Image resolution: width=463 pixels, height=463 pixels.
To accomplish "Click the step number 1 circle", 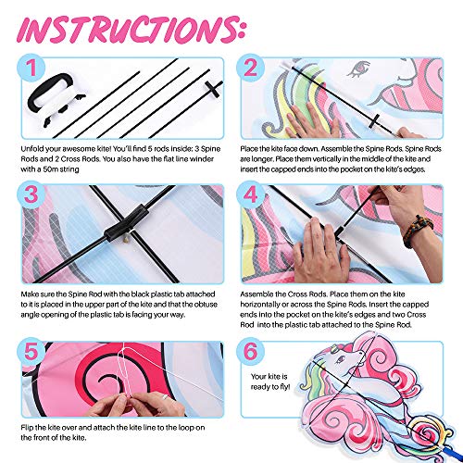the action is pyautogui.click(x=31, y=68).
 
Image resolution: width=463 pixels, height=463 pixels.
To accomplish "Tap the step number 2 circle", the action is pyautogui.click(x=250, y=68).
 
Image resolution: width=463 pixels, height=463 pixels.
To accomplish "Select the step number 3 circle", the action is pyautogui.click(x=31, y=194).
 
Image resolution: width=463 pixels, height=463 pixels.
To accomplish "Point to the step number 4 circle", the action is pyautogui.click(x=250, y=194).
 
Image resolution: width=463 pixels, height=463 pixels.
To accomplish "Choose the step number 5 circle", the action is pyautogui.click(x=31, y=352).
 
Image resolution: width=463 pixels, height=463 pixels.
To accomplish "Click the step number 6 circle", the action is pyautogui.click(x=250, y=352).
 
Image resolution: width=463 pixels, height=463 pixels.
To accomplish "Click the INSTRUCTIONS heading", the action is pyautogui.click(x=131, y=30).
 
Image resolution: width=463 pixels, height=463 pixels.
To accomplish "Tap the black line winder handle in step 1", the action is pyautogui.click(x=49, y=90).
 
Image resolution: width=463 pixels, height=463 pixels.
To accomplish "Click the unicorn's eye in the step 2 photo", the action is pyautogui.click(x=358, y=69).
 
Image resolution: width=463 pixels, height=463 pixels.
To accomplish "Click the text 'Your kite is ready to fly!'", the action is pyautogui.click(x=270, y=382).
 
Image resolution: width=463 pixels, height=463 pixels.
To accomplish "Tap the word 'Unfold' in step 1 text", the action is pyautogui.click(x=31, y=149).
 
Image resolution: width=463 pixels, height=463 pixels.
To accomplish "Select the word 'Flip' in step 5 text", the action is pyautogui.click(x=27, y=428).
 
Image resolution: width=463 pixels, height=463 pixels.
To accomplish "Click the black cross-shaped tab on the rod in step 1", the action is pyautogui.click(x=213, y=89).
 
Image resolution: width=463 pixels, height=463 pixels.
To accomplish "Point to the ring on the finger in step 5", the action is pyautogui.click(x=164, y=396).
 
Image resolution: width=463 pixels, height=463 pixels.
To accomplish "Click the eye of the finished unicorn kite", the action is pyautogui.click(x=341, y=358).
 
